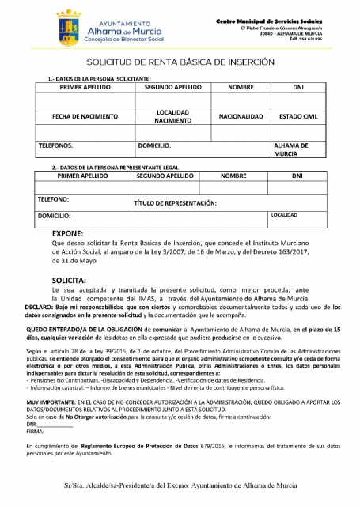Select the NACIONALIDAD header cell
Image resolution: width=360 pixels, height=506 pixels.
[240, 116]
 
